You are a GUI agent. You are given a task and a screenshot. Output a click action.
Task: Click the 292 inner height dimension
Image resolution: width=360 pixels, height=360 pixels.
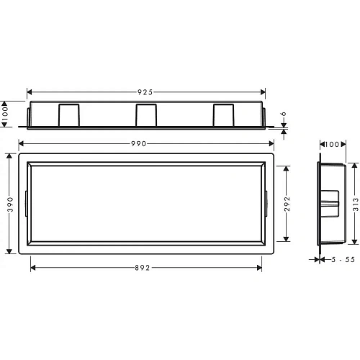tap(286, 203)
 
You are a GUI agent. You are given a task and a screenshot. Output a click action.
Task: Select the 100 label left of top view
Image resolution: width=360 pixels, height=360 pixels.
tap(5, 113)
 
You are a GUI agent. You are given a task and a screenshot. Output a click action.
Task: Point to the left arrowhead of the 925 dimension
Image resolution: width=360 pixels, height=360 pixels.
tap(30, 92)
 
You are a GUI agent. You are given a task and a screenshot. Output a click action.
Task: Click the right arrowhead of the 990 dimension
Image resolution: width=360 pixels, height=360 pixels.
tap(271, 144)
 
